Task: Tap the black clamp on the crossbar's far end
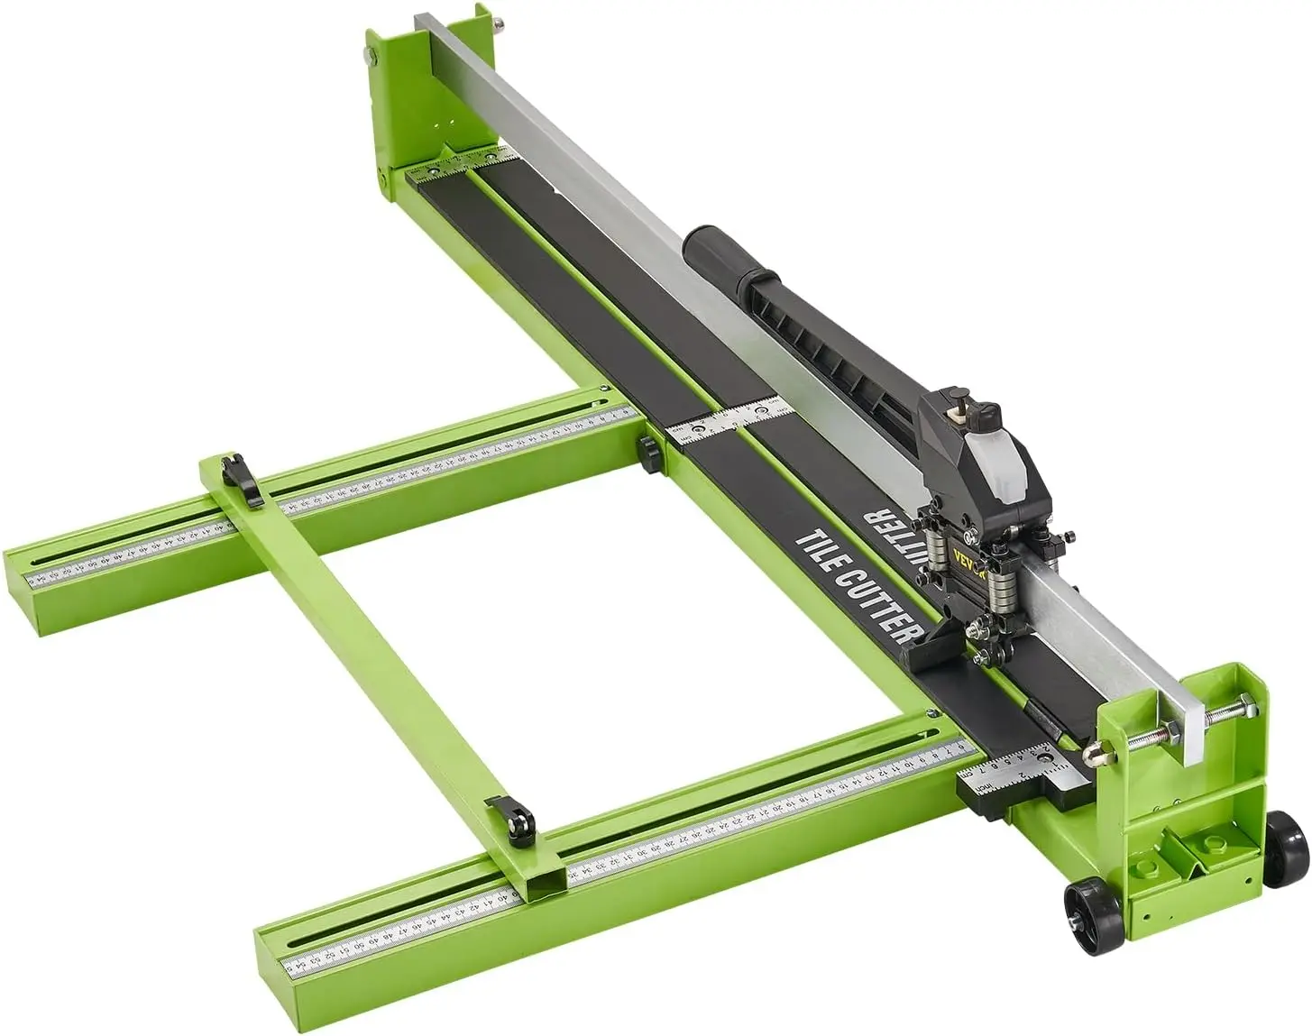point(244,475)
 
